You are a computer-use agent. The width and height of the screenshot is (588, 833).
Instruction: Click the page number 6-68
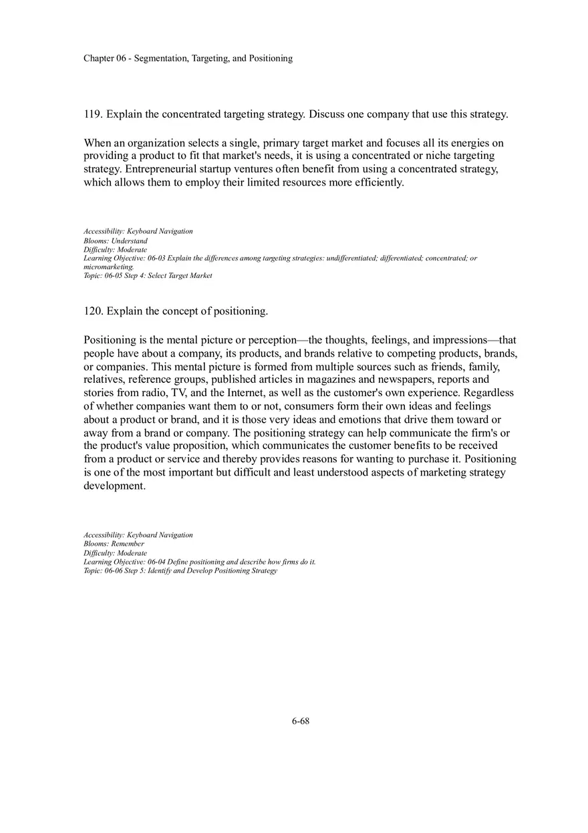[x=300, y=721]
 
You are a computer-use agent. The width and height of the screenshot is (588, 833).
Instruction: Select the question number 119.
[x=93, y=114]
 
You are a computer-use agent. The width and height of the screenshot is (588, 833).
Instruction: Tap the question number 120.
[x=93, y=311]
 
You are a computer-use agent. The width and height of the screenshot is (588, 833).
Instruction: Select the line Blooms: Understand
[x=116, y=240]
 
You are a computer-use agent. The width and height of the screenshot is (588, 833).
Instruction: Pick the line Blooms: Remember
[x=114, y=544]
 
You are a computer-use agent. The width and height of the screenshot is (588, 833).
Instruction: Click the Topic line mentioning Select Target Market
[x=148, y=275]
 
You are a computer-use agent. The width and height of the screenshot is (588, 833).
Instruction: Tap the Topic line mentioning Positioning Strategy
[x=180, y=570]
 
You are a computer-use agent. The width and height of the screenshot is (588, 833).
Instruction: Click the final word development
[x=114, y=486]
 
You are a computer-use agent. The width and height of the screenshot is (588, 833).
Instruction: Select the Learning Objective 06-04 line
[x=199, y=562]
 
